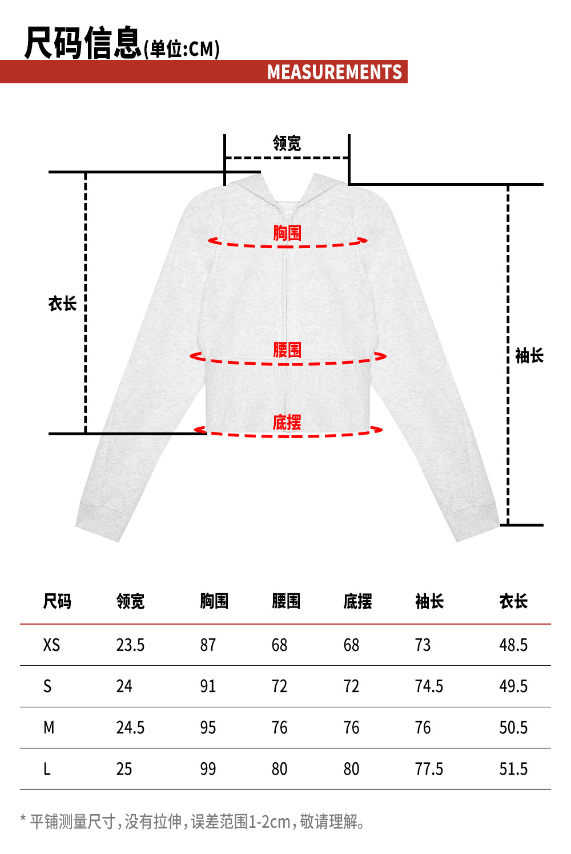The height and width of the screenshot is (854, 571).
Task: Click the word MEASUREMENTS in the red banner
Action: (335, 72)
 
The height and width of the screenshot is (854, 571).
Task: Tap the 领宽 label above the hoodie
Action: (287, 143)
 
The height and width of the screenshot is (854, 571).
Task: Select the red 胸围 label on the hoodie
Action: (287, 233)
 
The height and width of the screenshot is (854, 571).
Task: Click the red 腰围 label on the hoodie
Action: (287, 350)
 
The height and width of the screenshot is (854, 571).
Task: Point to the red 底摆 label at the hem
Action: (287, 423)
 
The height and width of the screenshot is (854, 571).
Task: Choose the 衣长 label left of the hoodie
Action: (62, 303)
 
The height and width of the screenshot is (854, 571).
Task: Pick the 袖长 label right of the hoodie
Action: (529, 356)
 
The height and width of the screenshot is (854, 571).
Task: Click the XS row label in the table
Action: (51, 645)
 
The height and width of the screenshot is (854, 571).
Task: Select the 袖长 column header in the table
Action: (429, 601)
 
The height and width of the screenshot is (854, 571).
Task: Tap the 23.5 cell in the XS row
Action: (130, 645)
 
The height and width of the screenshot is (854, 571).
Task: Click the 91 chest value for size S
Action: (208, 686)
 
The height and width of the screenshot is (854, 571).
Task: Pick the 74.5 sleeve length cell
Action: (429, 686)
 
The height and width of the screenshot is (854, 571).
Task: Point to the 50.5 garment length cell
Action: (513, 728)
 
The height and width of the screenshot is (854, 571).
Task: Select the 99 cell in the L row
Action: (208, 769)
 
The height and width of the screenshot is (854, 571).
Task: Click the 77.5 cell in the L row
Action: (429, 769)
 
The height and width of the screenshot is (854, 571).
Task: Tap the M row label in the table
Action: (49, 728)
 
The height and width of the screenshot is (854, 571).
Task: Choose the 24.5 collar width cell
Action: (130, 728)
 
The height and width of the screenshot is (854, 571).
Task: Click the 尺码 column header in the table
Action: (57, 601)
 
